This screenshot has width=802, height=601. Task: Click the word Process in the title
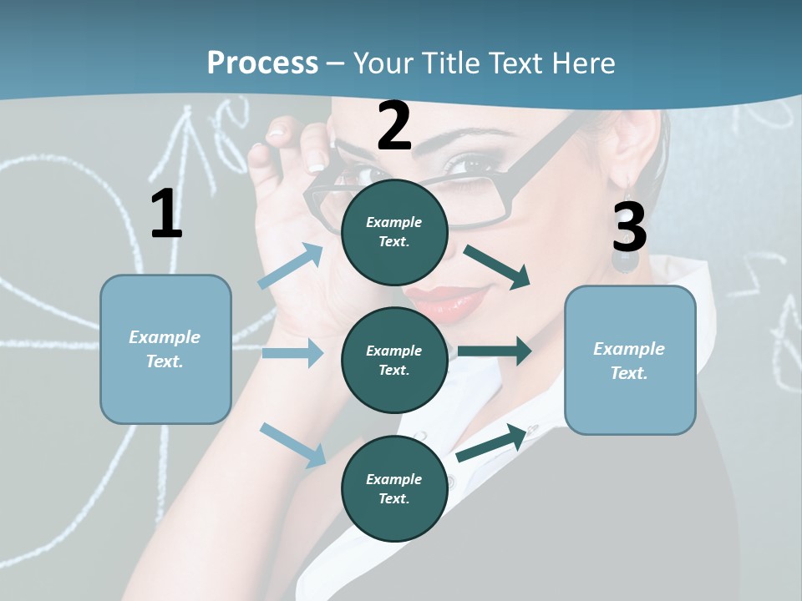pos(262,63)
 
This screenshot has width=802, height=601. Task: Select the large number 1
pos(166,215)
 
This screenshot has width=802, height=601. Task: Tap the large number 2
pos(394,126)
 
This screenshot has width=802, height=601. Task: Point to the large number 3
pos(629,227)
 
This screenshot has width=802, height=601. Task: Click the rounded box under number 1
pos(165,349)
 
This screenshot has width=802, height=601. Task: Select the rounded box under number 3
pos(630,360)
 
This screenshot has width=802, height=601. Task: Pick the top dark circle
pos(394,231)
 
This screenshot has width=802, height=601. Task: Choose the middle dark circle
pos(394,360)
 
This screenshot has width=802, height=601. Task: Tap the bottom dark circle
pos(394,488)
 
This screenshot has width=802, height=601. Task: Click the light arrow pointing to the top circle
pos(291,266)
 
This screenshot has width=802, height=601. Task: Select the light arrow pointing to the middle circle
pos(292,353)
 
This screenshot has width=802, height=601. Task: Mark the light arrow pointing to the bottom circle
pos(292,444)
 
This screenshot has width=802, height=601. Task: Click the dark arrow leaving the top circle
pos(497,267)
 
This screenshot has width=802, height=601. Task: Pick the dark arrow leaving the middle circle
pos(495,351)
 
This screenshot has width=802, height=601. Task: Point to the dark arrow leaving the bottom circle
pos(493,442)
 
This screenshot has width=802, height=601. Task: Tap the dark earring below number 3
pos(624,260)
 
